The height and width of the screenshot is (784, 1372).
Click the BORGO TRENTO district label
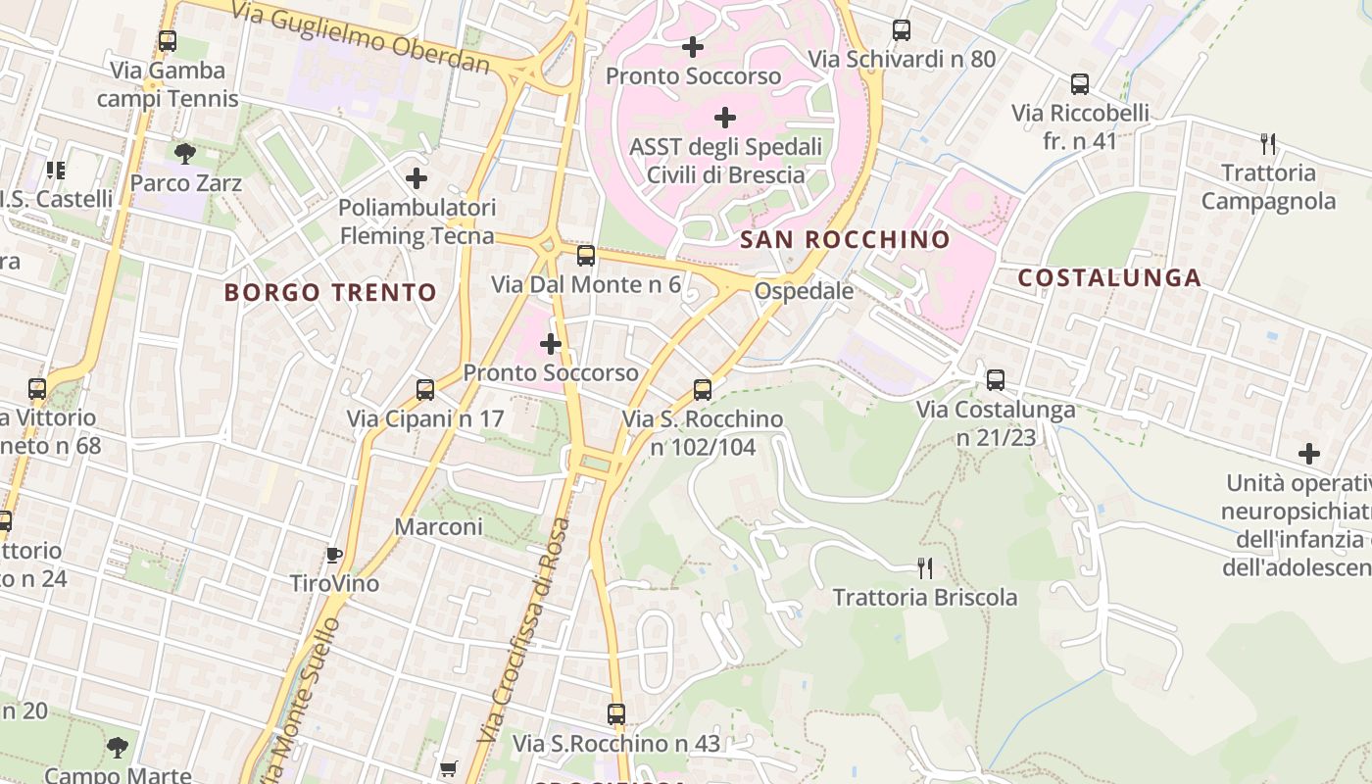[x=330, y=292]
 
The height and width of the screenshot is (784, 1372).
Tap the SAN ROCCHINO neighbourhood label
[x=845, y=240]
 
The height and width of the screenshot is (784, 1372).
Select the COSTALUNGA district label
[x=1109, y=277]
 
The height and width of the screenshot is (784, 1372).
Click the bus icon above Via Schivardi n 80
[x=902, y=30]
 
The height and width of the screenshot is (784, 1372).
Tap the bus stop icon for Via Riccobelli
[x=1079, y=84]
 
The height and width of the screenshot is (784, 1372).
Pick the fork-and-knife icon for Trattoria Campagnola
[x=1268, y=144]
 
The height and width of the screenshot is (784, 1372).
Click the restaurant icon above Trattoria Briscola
[x=924, y=567]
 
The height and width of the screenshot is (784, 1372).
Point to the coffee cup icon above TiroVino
[x=333, y=555]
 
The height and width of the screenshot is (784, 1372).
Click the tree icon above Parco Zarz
[x=184, y=153]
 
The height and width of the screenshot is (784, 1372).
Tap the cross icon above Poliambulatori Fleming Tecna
[x=416, y=178]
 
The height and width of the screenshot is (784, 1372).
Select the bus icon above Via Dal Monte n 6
[x=585, y=256]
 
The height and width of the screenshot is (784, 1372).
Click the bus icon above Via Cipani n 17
[x=425, y=390]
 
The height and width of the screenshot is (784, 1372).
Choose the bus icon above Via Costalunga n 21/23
[x=996, y=380]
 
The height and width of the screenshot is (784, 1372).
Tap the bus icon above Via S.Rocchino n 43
[x=615, y=714]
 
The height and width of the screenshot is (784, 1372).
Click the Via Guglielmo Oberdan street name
[x=361, y=38]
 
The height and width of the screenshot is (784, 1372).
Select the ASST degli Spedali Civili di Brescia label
[x=725, y=161]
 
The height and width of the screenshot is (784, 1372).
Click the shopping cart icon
[x=448, y=768]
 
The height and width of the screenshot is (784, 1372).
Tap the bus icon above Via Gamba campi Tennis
[x=167, y=41]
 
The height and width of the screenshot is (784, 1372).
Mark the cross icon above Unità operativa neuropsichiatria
[x=1308, y=454]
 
